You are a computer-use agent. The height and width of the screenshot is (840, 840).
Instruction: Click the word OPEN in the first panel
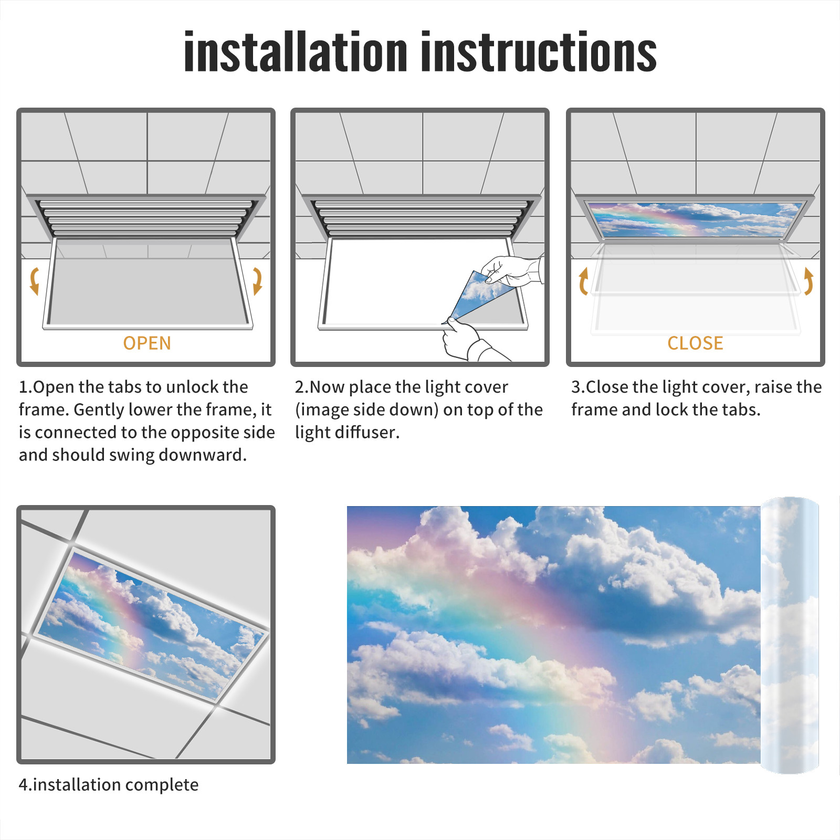[147, 343]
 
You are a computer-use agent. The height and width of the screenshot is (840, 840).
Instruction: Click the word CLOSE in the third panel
[695, 343]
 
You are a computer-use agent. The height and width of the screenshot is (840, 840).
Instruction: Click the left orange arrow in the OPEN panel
[34, 281]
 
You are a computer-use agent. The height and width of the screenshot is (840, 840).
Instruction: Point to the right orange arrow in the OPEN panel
[257, 281]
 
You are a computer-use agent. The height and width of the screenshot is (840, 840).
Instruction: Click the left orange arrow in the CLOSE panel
[583, 281]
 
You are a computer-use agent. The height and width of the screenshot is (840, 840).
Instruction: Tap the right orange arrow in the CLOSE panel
[808, 281]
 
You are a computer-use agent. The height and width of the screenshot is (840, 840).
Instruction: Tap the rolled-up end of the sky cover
[790, 635]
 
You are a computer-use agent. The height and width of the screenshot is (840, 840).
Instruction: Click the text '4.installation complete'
[109, 784]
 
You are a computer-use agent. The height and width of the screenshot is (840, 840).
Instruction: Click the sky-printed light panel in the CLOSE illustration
[695, 219]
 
